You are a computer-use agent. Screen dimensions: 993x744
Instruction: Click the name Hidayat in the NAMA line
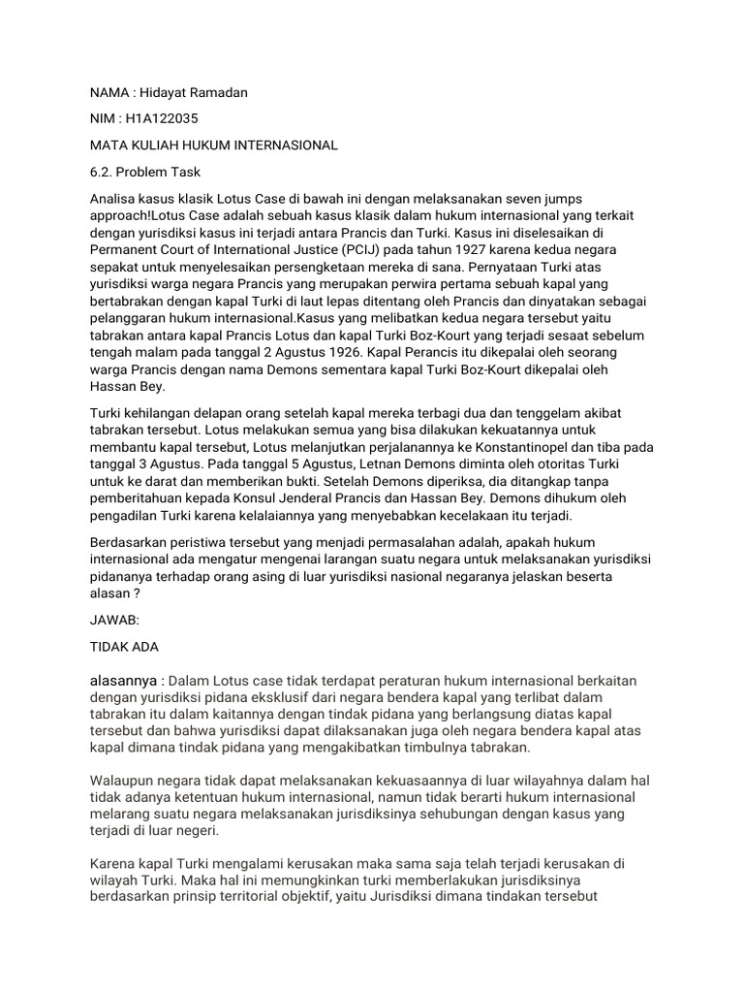coord(168,91)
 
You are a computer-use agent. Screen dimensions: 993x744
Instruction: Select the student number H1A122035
coord(161,118)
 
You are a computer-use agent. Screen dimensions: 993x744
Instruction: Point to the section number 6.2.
coord(103,172)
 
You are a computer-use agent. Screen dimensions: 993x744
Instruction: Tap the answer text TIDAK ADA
coord(124,647)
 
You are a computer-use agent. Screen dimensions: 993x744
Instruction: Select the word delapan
coord(207,414)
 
